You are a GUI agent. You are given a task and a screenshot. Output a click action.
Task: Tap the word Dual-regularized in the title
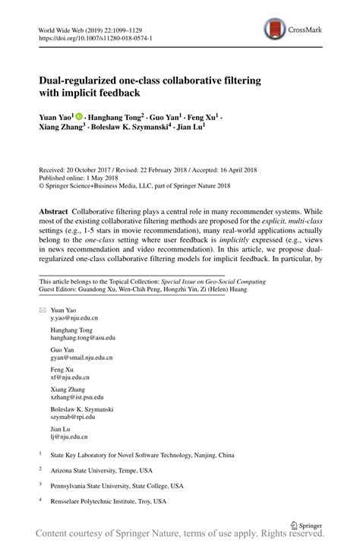(x=84, y=78)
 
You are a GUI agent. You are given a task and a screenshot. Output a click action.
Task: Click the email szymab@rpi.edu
(x=72, y=417)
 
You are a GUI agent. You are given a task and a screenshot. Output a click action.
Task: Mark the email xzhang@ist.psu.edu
(x=77, y=397)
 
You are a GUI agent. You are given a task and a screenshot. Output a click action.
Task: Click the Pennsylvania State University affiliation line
(x=116, y=486)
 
